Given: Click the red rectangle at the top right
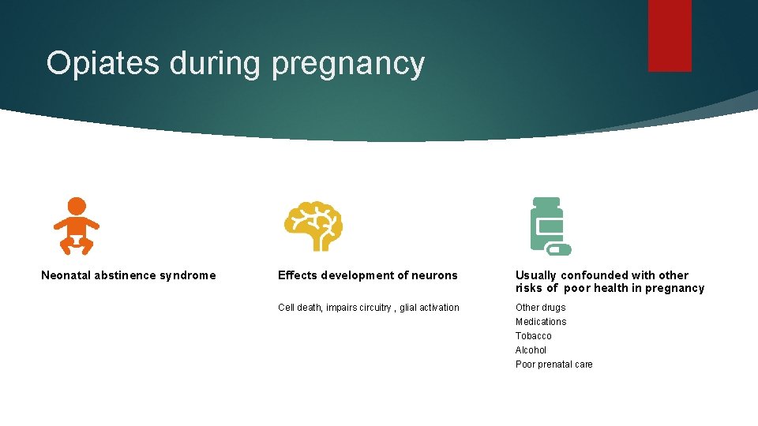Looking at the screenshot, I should [x=670, y=35].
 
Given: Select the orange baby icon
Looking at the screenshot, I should [x=77, y=226].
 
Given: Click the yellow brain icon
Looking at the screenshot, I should [x=313, y=226].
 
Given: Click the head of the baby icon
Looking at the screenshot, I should [x=77, y=206].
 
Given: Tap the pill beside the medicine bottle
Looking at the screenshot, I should [x=559, y=249].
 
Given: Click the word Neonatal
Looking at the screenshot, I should [x=66, y=275].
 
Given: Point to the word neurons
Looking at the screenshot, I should [x=433, y=275].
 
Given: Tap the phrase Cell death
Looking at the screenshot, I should [x=298, y=308].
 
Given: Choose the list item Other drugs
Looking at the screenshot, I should [x=540, y=308].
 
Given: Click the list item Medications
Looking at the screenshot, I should [x=541, y=322].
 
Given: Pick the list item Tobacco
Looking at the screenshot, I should [x=534, y=336].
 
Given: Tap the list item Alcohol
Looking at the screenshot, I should [x=531, y=350].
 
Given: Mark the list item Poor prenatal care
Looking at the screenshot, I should [x=553, y=364].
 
